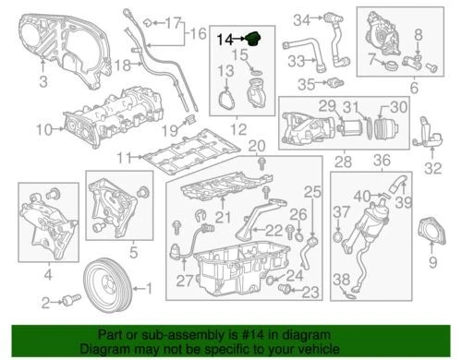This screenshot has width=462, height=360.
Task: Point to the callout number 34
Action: point(301,19)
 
